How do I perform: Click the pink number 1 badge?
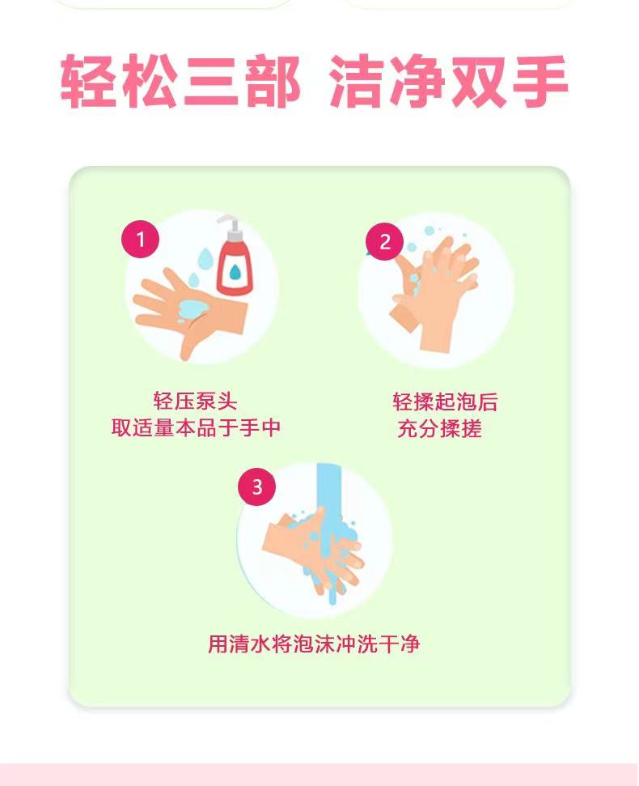pyautogui.click(x=140, y=239)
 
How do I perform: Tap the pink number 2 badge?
pyautogui.click(x=384, y=241)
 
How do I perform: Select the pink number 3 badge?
pyautogui.click(x=257, y=486)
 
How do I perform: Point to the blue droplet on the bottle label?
pyautogui.click(x=235, y=271)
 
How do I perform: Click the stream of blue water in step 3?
pyautogui.click(x=328, y=531)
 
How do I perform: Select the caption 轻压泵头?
pyautogui.click(x=195, y=401)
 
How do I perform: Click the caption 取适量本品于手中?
pyautogui.click(x=196, y=428)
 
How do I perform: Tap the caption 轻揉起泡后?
pyautogui.click(x=445, y=402)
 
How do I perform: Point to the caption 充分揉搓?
pyautogui.click(x=440, y=429)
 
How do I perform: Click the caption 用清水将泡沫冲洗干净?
pyautogui.click(x=314, y=644)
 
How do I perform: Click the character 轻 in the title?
pyautogui.click(x=89, y=81)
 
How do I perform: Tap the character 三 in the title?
pyautogui.click(x=209, y=81)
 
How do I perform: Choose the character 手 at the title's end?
pyautogui.click(x=540, y=81)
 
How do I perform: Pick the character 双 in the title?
pyautogui.click(x=479, y=81)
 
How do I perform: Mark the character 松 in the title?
pyautogui.click(x=149, y=81)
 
